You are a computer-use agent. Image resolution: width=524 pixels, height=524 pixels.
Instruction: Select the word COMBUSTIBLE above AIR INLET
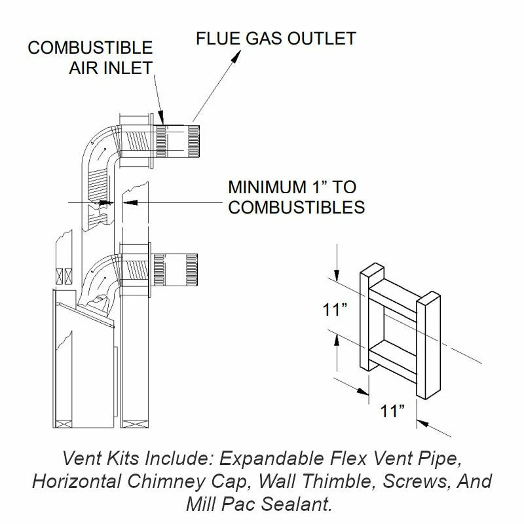[90, 48]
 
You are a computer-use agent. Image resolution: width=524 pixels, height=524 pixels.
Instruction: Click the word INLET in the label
[130, 67]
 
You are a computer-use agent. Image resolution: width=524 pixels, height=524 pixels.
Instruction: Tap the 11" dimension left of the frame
[335, 309]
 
